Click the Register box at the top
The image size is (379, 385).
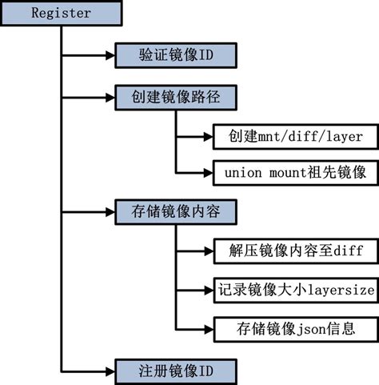62,14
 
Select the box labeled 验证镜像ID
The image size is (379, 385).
174,55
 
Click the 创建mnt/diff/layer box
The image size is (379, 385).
288,136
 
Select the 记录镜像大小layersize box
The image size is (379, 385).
294,289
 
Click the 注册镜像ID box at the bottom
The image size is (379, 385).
174,370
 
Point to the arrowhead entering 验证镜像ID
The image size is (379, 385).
110,55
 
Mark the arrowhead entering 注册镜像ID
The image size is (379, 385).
110,370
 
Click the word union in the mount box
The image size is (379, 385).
241,171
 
